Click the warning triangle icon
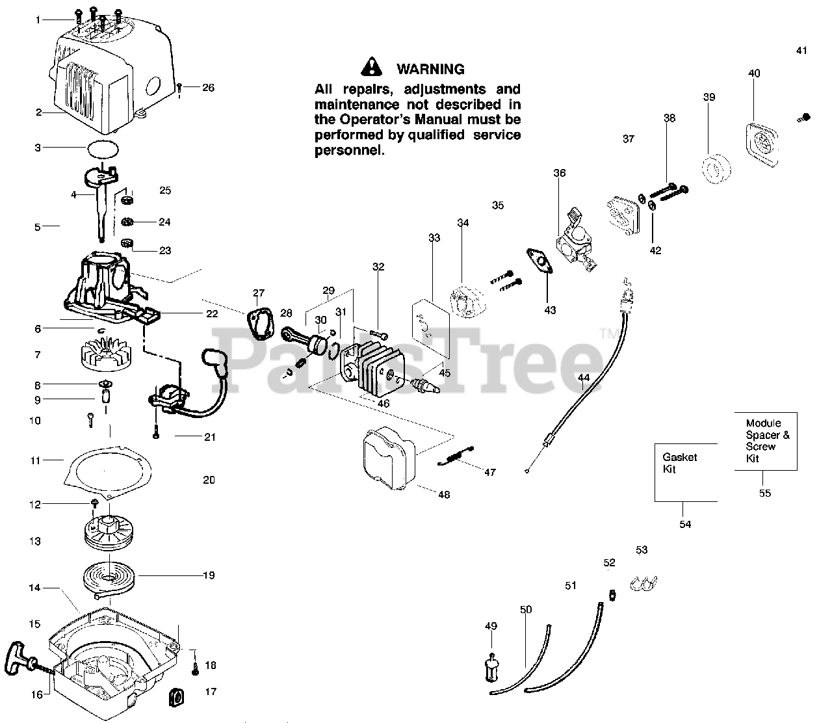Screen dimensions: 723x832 click(x=371, y=66)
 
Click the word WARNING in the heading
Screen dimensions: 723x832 click(x=430, y=69)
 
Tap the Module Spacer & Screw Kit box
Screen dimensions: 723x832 click(x=766, y=441)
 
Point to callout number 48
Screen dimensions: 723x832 click(x=443, y=495)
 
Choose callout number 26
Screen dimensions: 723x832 click(x=208, y=88)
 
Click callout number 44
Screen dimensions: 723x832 click(x=584, y=378)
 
